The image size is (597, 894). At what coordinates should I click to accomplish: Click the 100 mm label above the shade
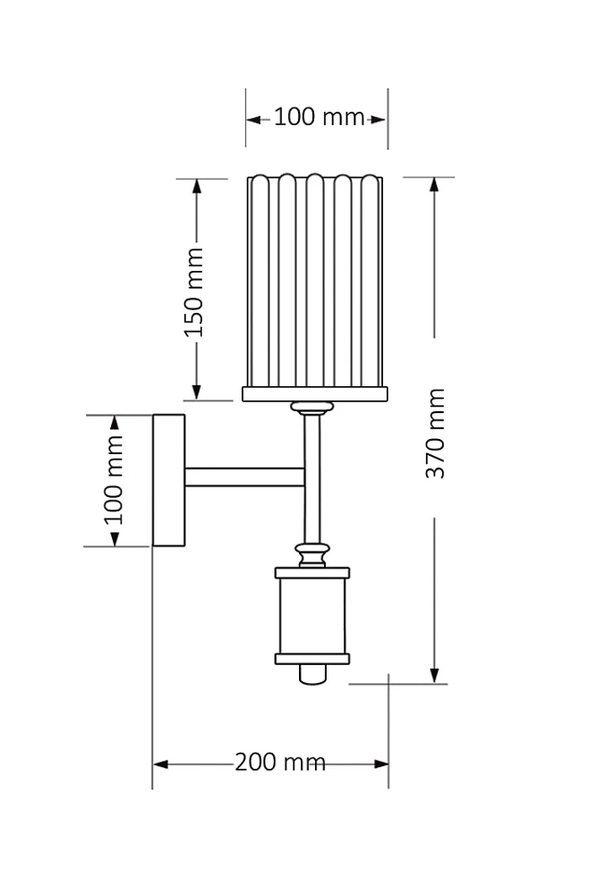coord(319,117)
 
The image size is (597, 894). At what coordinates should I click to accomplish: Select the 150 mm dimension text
coord(194,291)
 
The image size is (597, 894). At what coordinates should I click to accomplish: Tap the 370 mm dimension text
coord(435,433)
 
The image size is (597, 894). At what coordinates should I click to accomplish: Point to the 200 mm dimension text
coord(279,763)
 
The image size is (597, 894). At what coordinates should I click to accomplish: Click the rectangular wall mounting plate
coord(169,479)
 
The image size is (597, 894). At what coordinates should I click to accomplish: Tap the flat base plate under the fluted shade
coord(314,393)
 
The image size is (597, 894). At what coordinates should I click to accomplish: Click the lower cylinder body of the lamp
coord(311,616)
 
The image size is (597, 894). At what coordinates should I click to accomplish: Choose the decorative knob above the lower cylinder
coord(311,555)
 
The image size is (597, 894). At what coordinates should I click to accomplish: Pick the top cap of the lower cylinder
coord(311,572)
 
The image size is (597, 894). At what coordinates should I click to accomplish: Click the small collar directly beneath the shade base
coord(311,409)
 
